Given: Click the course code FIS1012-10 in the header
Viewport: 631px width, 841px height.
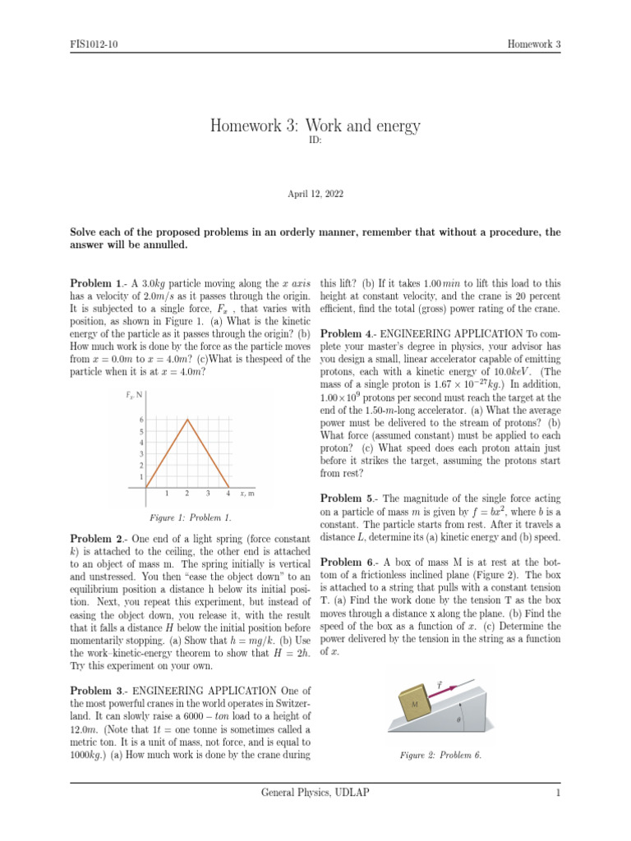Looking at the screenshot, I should (94, 44).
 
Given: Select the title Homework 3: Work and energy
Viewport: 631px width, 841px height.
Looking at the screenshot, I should (315, 126).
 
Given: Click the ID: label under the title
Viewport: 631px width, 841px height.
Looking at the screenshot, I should (315, 140).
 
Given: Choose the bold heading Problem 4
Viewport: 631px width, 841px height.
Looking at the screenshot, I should (348, 333).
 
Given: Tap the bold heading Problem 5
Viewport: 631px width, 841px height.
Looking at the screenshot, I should (348, 499).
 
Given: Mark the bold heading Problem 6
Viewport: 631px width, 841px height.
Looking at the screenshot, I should (348, 562).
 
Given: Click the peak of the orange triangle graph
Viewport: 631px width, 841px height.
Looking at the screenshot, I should (187, 420).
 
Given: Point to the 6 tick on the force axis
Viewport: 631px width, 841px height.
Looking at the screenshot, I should (140, 420).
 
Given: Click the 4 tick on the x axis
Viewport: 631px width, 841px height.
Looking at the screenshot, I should (228, 494).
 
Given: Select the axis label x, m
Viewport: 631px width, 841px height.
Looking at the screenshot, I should (246, 494).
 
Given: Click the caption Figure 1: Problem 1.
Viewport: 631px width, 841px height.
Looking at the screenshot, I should (191, 518).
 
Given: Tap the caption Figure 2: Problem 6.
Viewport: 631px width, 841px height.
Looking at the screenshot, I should (440, 754).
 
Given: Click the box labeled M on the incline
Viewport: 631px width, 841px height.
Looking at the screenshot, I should (415, 703).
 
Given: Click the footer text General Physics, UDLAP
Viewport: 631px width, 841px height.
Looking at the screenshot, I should (315, 793).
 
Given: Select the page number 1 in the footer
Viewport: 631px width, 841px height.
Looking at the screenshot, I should (557, 793).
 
